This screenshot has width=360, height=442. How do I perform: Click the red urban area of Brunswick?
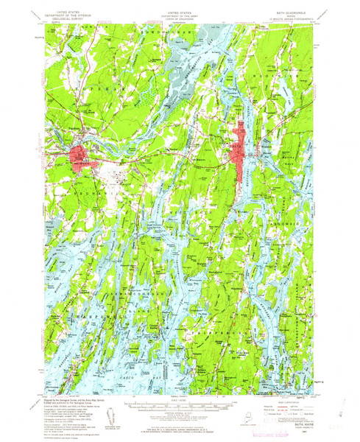coord(80,157)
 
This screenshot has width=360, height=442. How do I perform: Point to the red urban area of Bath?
coord(239,151)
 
